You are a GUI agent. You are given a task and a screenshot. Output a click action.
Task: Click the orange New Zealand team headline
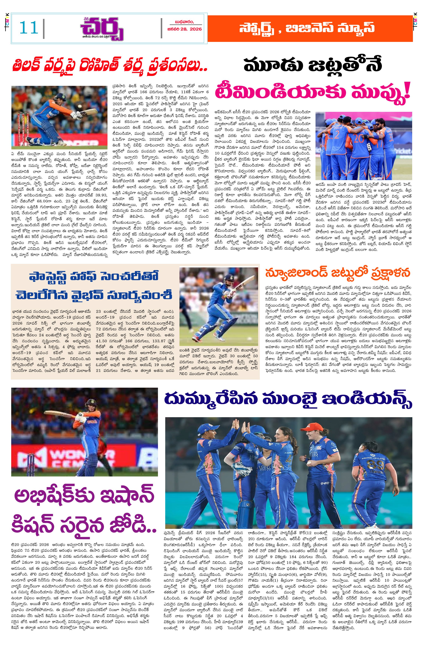(x=338, y=273)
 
